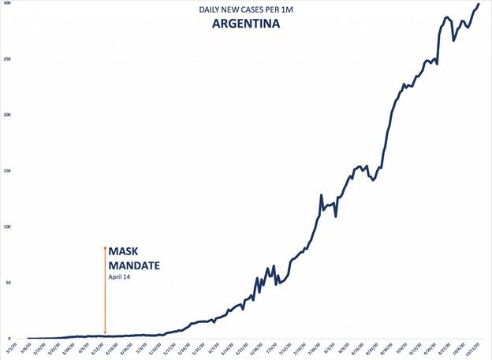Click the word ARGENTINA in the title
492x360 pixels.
click(x=246, y=24)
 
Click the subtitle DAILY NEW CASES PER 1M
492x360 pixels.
click(x=246, y=9)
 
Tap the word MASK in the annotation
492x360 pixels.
click(x=127, y=252)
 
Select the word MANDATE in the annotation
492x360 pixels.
click(x=134, y=265)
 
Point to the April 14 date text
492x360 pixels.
click(x=120, y=277)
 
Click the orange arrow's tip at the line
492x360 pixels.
click(x=105, y=334)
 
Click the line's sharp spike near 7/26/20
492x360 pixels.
click(x=321, y=195)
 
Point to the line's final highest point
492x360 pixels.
click(x=478, y=5)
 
